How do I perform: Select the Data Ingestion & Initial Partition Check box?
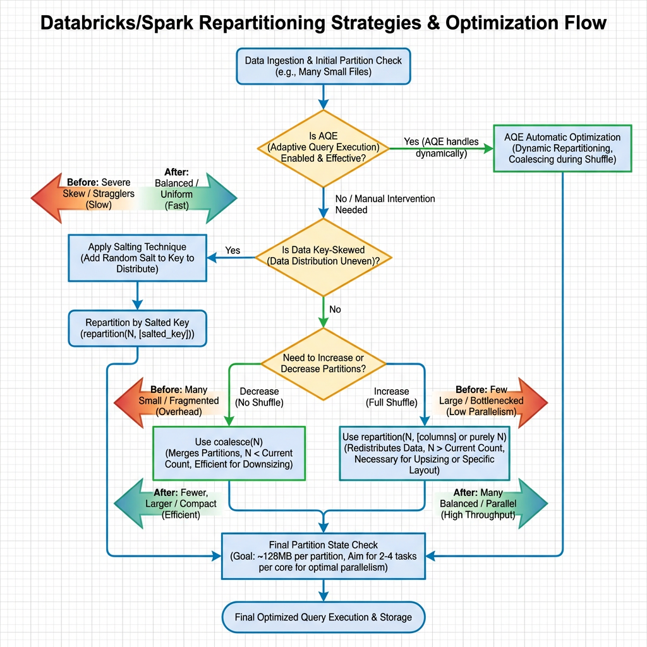(323, 66)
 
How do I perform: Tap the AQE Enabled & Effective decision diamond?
(323, 148)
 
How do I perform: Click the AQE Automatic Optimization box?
(562, 148)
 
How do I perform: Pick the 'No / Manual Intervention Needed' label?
(384, 203)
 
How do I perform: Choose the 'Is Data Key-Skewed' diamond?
(323, 257)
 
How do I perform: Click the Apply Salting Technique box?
(136, 258)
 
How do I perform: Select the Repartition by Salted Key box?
(136, 327)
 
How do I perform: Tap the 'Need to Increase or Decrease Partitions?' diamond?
(323, 363)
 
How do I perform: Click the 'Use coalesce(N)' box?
(229, 453)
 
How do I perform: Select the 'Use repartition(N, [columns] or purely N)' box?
(423, 453)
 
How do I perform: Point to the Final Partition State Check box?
(323, 555)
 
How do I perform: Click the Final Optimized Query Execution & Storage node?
(323, 617)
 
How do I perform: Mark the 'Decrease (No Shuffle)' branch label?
(259, 396)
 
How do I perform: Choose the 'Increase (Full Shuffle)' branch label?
(391, 396)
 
